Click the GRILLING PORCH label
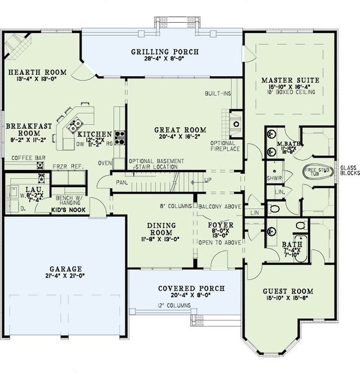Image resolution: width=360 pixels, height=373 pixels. click(x=164, y=52)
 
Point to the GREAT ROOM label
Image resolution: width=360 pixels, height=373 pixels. click(x=180, y=130)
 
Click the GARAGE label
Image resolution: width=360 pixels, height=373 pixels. click(x=58, y=269)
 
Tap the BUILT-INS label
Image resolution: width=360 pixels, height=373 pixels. click(x=218, y=94)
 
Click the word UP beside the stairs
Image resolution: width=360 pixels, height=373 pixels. click(x=208, y=179)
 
